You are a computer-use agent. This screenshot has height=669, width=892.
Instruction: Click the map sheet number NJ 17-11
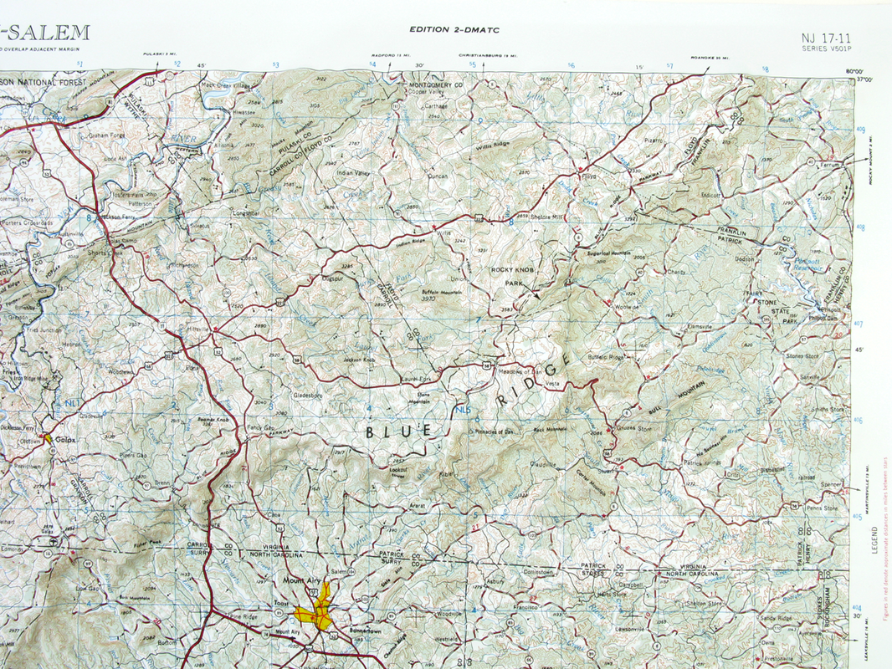[x=824, y=38]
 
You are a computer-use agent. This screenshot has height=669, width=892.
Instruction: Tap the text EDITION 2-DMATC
[x=443, y=29]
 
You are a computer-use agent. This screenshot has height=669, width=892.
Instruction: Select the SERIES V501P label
[x=827, y=49]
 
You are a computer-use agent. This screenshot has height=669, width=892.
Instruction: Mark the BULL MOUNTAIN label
[x=678, y=398]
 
